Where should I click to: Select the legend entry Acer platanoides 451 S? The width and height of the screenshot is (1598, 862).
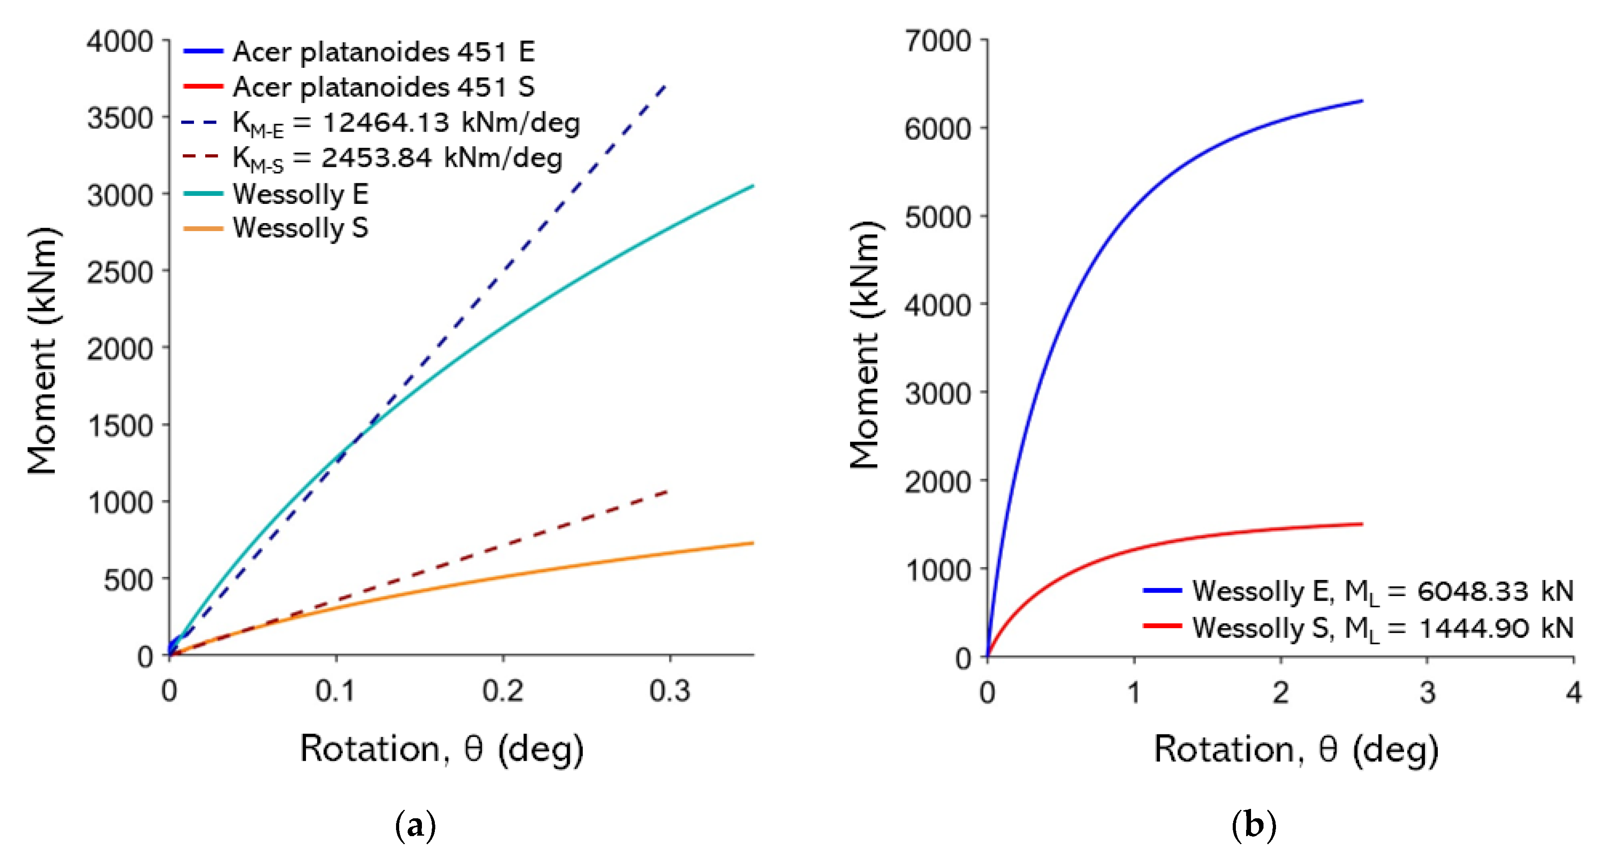(384, 87)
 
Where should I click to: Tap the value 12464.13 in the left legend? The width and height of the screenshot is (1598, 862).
(385, 122)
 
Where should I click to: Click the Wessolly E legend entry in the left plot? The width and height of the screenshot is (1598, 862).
(300, 194)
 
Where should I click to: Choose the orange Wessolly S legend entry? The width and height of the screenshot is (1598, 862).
(300, 228)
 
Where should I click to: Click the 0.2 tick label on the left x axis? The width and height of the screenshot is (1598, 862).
(503, 691)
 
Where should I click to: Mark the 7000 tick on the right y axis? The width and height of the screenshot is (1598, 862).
(937, 41)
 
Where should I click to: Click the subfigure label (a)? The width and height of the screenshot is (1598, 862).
(415, 825)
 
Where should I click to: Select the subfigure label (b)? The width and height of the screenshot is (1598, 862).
(1254, 825)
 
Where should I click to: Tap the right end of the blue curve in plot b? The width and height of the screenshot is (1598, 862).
(1362, 100)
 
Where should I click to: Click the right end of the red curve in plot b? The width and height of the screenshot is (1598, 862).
(1362, 524)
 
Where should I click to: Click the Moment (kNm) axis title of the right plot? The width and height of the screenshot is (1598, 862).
(864, 345)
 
